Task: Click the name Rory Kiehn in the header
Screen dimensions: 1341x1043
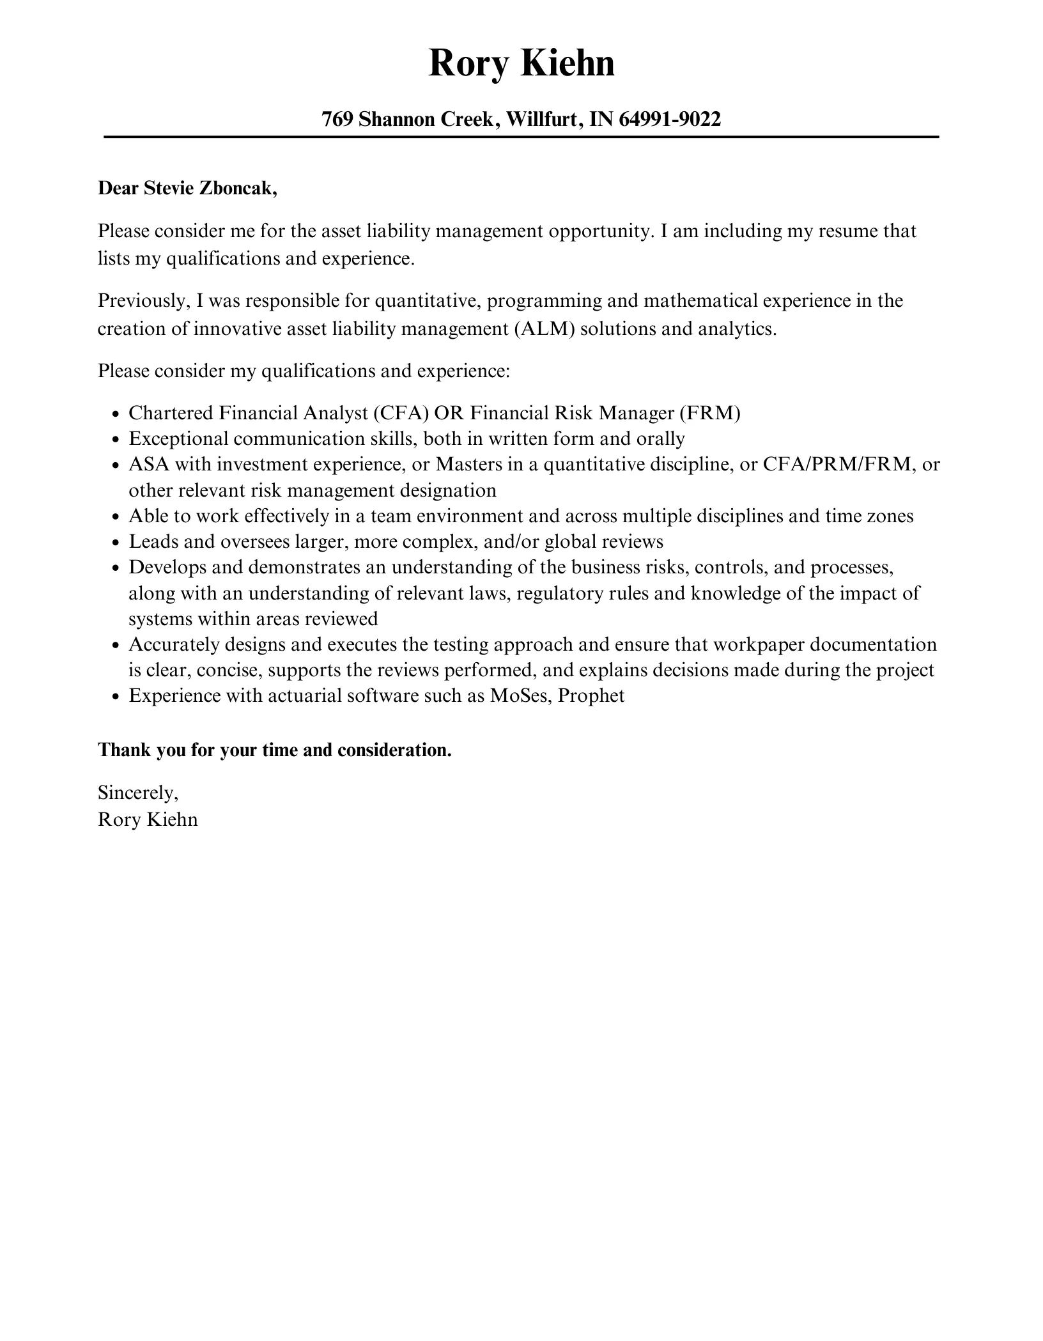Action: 521,63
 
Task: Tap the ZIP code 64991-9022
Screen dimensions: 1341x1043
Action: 670,119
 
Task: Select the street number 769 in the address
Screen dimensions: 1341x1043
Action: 337,119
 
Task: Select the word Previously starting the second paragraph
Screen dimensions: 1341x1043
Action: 141,301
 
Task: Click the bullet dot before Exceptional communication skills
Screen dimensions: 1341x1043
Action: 116,440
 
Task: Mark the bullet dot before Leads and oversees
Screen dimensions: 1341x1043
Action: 116,543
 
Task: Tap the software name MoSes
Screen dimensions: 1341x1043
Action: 520,695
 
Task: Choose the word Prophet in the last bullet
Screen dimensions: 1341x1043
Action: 591,695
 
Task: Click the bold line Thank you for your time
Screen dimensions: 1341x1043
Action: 275,750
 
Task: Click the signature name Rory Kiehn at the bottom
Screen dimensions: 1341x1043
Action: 148,819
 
